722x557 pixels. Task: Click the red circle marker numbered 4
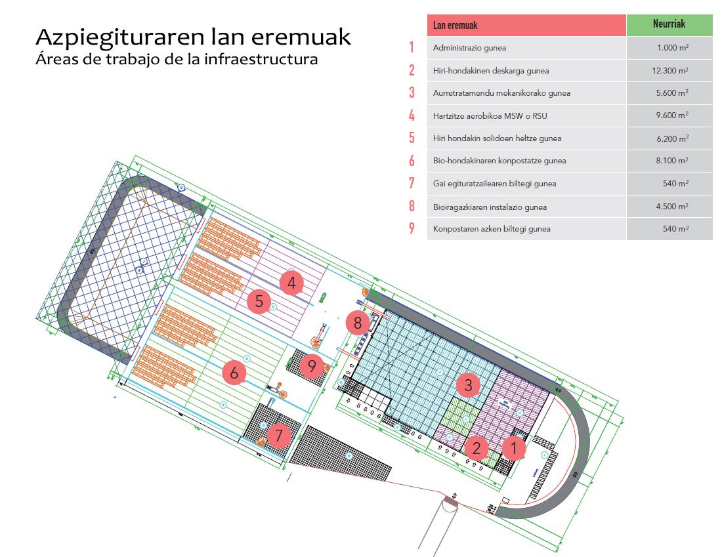(291, 283)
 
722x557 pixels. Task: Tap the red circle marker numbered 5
(259, 302)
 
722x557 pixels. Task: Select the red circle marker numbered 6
(234, 373)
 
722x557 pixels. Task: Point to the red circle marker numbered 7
(279, 435)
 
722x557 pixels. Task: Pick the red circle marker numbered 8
(358, 323)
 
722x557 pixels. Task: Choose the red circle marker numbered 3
(468, 385)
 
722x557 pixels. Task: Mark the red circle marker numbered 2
(477, 449)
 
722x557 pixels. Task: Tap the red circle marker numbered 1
(515, 449)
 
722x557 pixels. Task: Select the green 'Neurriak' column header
(669, 24)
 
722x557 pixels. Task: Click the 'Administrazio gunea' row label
(469, 48)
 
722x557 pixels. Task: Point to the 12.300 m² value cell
(670, 70)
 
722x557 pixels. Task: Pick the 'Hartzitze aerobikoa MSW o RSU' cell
(490, 115)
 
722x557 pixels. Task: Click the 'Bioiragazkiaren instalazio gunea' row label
(490, 207)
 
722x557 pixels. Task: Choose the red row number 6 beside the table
(412, 161)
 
